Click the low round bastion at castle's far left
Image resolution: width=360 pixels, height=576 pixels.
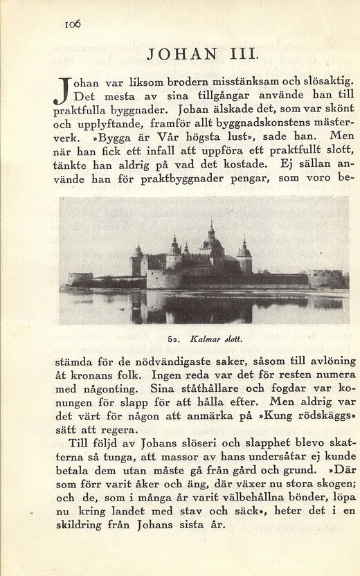[x=79, y=278]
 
